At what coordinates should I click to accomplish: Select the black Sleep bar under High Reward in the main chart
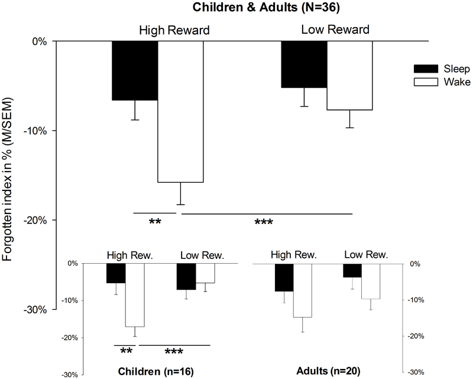135,70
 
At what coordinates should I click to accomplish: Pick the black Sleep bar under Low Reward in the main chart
304,64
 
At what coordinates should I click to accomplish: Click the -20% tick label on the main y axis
36,220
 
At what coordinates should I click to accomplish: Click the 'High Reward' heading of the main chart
174,30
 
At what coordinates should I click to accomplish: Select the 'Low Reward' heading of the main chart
335,29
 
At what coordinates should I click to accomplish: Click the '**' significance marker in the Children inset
126,352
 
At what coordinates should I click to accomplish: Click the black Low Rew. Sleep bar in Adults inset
352,270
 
